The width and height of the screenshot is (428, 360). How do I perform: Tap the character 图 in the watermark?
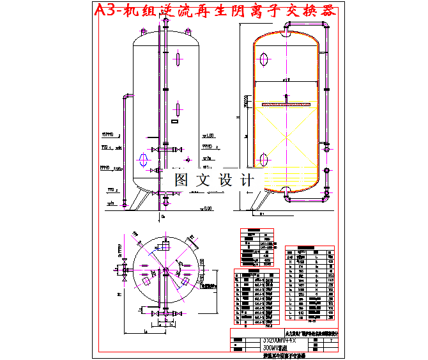[181, 180]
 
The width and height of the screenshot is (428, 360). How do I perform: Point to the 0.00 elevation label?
[206, 208]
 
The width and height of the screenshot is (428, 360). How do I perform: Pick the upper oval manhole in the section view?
[263, 58]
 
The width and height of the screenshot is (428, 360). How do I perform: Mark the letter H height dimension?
[238, 118]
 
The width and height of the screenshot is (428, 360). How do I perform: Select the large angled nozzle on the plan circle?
[190, 242]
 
